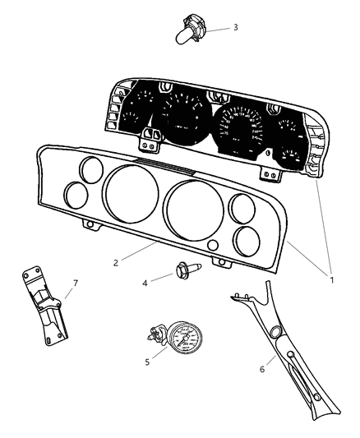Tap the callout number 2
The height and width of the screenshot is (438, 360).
tap(117, 262)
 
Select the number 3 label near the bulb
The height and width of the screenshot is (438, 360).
tap(235, 27)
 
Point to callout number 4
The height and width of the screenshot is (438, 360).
tap(145, 283)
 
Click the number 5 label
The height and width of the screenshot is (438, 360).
tap(147, 361)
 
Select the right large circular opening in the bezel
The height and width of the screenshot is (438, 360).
tap(196, 216)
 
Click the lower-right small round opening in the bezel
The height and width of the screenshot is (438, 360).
tap(244, 240)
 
